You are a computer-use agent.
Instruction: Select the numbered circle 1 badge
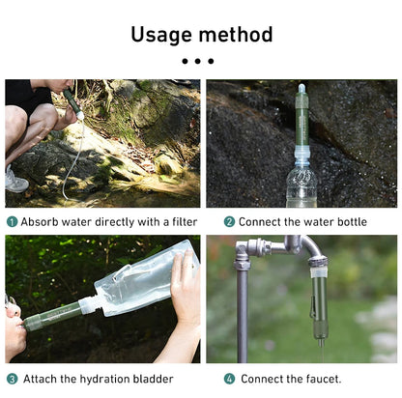pyautogui.click(x=13, y=221)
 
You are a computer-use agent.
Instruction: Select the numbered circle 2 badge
pyautogui.click(x=230, y=221)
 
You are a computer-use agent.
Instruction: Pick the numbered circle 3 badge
pyautogui.click(x=13, y=379)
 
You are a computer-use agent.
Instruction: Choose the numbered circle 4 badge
pyautogui.click(x=230, y=379)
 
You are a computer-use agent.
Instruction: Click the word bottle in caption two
pyautogui.click(x=350, y=221)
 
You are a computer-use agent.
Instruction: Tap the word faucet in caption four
pyautogui.click(x=320, y=379)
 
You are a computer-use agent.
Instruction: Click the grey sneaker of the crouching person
pyautogui.click(x=15, y=180)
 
